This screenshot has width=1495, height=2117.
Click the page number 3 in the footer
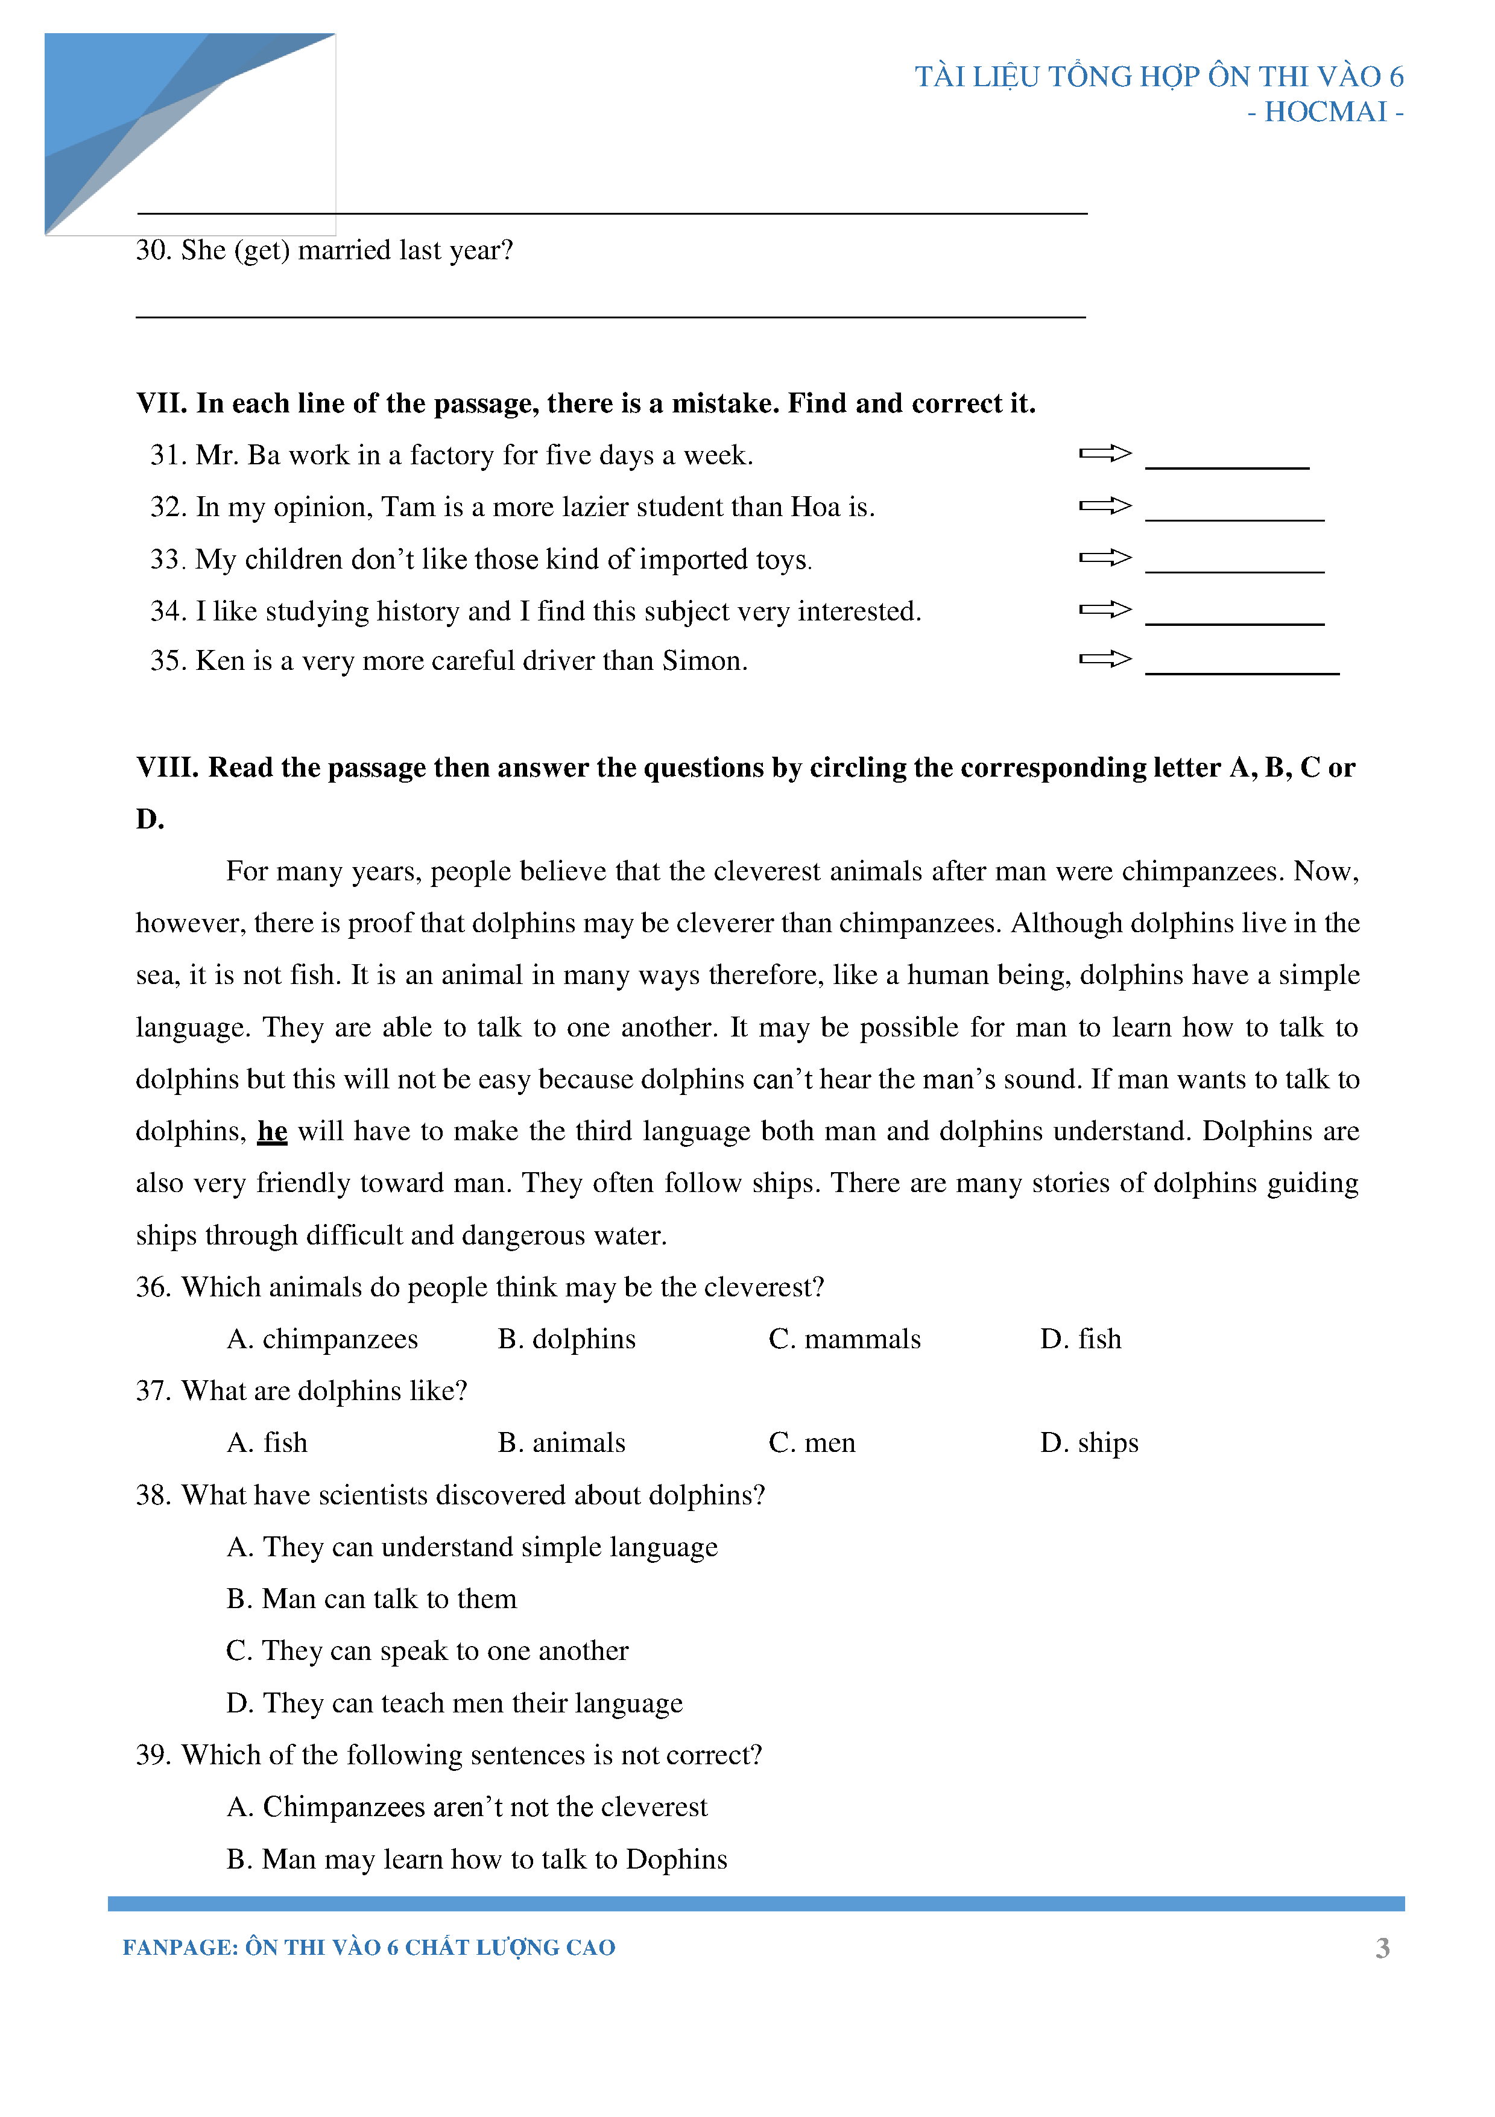[x=1382, y=1948]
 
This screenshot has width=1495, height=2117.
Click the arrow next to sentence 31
[x=1104, y=453]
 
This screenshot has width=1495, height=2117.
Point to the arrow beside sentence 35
[x=1104, y=658]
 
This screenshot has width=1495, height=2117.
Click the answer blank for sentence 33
[x=1234, y=564]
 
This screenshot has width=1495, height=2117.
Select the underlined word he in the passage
[x=272, y=1131]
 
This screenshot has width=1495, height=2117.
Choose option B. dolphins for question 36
[x=566, y=1339]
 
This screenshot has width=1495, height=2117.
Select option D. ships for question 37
[x=1089, y=1443]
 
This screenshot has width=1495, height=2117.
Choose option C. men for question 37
[x=812, y=1443]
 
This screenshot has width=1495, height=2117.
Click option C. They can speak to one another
[x=427, y=1650]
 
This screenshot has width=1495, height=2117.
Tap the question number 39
[x=153, y=1755]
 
